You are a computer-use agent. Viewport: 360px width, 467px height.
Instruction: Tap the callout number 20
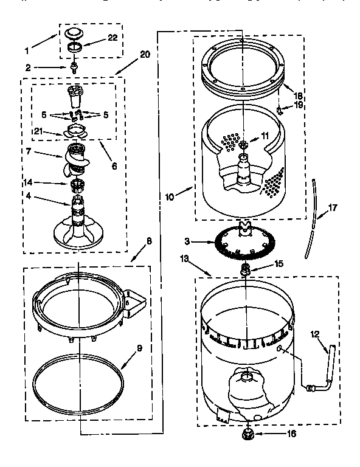click(144, 55)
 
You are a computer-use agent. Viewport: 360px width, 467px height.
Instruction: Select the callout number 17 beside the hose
click(332, 208)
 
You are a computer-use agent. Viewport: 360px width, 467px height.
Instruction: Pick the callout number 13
click(185, 258)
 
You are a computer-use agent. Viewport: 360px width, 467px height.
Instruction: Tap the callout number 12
click(315, 333)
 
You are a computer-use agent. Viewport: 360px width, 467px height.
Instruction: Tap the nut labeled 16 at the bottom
click(248, 434)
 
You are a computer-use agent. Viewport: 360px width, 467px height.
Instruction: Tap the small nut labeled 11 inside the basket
click(243, 145)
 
